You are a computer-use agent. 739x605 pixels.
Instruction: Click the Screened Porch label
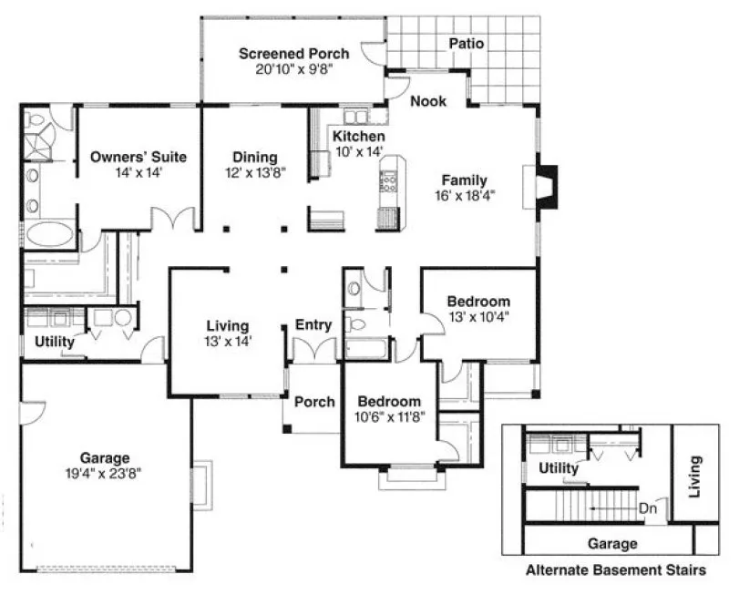click(287, 54)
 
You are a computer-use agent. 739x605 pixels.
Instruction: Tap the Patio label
click(466, 44)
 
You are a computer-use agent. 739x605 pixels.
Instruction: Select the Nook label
click(428, 101)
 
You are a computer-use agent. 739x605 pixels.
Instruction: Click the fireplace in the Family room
click(543, 187)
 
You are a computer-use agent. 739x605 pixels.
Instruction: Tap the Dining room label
click(254, 157)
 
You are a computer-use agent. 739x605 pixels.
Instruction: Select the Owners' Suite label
click(139, 157)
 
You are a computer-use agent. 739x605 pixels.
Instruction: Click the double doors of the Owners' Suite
click(173, 220)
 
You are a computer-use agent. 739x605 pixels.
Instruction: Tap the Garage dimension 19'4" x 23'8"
click(103, 474)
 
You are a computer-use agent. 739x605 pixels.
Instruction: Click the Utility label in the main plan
click(54, 342)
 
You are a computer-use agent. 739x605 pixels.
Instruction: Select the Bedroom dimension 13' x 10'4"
click(478, 318)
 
